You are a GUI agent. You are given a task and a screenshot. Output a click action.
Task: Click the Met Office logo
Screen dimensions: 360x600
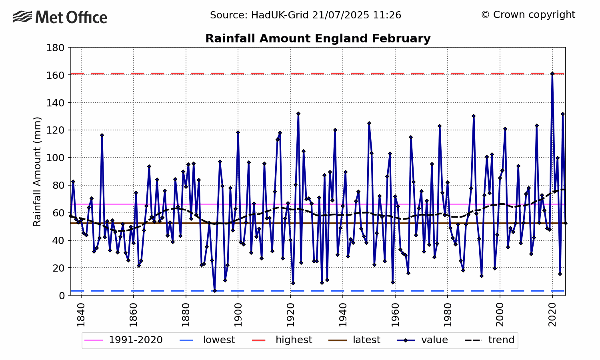(60, 17)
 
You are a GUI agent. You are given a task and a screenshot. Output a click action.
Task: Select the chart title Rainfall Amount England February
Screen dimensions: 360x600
(318, 38)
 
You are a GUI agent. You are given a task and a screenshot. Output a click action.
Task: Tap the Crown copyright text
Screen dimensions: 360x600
(528, 15)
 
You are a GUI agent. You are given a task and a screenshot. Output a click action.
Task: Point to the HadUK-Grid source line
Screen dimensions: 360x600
(306, 15)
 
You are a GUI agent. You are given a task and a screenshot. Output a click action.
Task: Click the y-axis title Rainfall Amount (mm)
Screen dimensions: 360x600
(37, 171)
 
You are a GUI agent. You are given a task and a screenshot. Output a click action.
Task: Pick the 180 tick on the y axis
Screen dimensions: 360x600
(56, 48)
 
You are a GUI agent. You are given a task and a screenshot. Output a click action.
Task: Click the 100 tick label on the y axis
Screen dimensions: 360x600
(56, 158)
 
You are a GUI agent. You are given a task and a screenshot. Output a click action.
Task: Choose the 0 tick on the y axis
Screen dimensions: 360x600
(62, 296)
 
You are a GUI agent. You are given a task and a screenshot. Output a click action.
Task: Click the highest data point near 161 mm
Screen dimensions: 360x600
(552, 74)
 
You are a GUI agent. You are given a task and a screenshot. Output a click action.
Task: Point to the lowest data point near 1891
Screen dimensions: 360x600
(214, 291)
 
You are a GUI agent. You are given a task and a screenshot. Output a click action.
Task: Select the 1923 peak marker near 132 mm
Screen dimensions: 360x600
(298, 114)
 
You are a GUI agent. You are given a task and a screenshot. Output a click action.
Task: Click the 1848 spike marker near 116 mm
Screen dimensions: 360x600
(102, 135)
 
